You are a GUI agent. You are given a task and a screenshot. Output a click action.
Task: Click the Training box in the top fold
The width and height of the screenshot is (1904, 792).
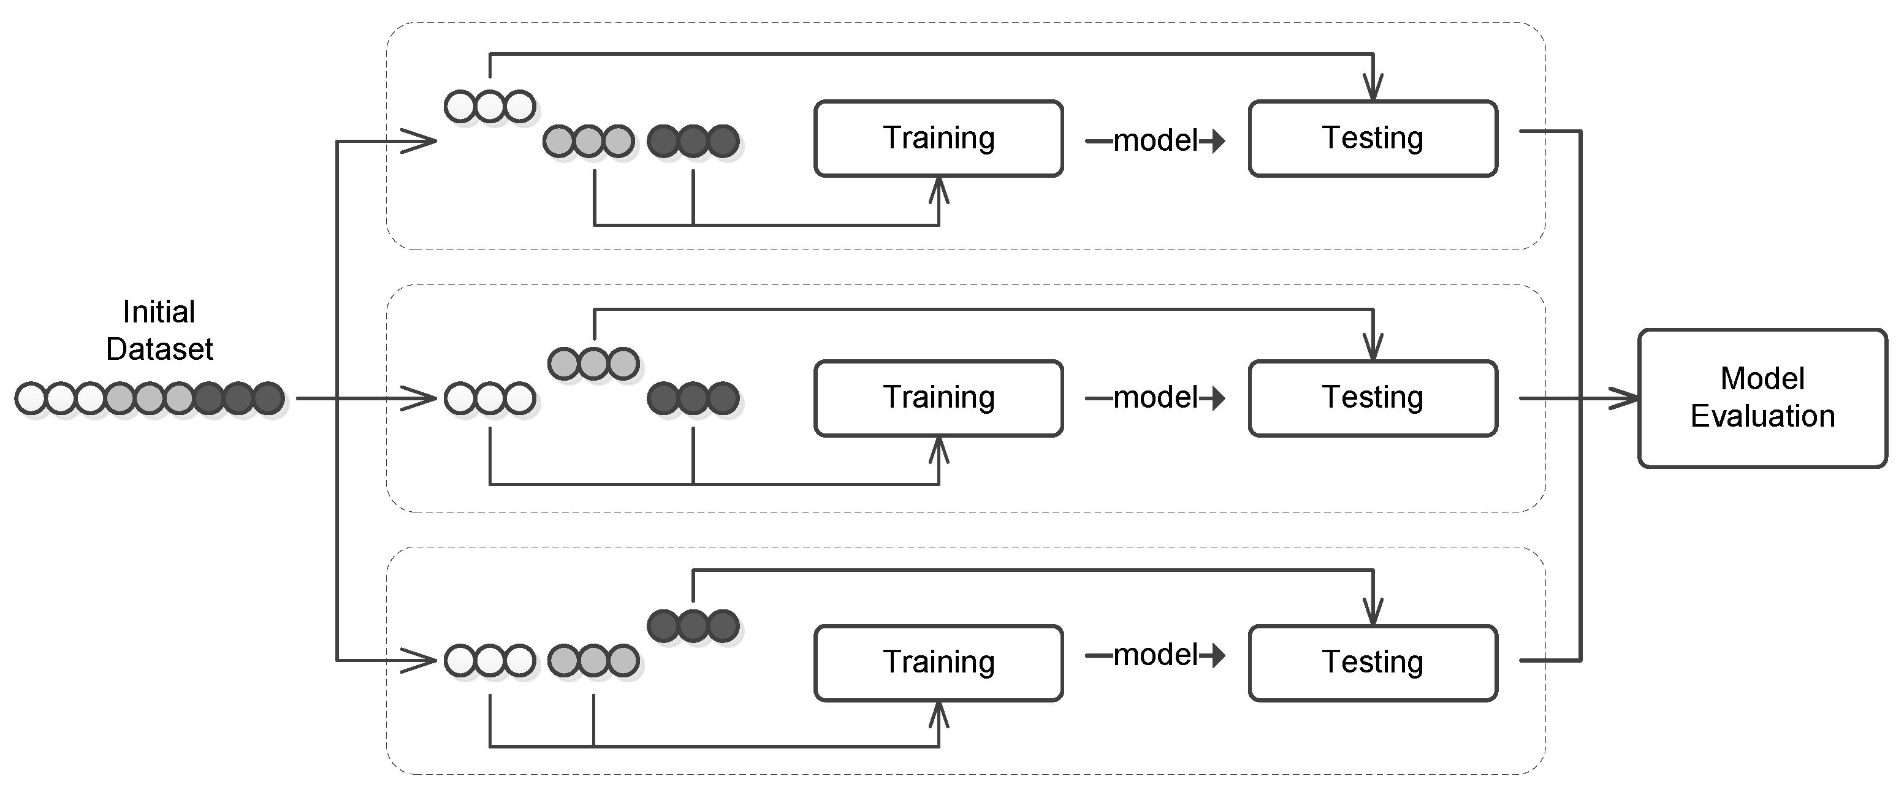pyautogui.click(x=939, y=138)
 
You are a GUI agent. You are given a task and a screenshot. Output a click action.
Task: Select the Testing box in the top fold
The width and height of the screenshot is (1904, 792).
pyautogui.click(x=1373, y=138)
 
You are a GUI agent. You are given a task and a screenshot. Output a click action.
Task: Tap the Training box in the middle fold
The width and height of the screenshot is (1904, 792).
pyautogui.click(x=939, y=398)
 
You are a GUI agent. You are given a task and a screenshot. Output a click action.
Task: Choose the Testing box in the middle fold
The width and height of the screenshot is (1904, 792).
pyautogui.click(x=1373, y=398)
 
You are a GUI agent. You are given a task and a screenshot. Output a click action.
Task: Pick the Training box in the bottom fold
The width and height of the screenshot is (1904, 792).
pyautogui.click(x=939, y=663)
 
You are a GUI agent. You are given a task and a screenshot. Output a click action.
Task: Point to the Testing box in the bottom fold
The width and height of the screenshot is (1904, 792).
pyautogui.click(x=1373, y=663)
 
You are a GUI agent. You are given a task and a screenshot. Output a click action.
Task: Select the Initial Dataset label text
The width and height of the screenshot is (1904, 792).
pyautogui.click(x=159, y=330)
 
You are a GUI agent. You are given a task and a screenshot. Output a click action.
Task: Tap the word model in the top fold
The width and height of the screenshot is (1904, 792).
pyautogui.click(x=1156, y=140)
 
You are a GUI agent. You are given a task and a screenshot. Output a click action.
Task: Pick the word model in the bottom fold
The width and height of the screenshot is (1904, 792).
pyautogui.click(x=1156, y=655)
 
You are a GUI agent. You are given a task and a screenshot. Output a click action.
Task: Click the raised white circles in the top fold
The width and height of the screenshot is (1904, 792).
pyautogui.click(x=490, y=107)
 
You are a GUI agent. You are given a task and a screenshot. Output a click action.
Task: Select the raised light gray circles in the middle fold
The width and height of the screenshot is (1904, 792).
pyautogui.click(x=593, y=364)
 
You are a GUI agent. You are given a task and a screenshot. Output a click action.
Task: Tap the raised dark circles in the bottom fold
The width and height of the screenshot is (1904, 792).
pyautogui.click(x=693, y=625)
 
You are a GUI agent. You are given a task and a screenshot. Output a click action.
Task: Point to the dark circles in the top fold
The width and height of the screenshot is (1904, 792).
pyautogui.click(x=693, y=141)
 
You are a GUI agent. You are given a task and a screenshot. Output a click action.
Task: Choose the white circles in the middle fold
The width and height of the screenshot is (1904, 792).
pyautogui.click(x=490, y=398)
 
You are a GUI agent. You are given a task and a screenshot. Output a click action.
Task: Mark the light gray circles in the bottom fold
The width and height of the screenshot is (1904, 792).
pyautogui.click(x=593, y=660)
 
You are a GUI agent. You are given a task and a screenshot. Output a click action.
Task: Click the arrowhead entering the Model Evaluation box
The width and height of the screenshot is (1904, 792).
pyautogui.click(x=1624, y=398)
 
